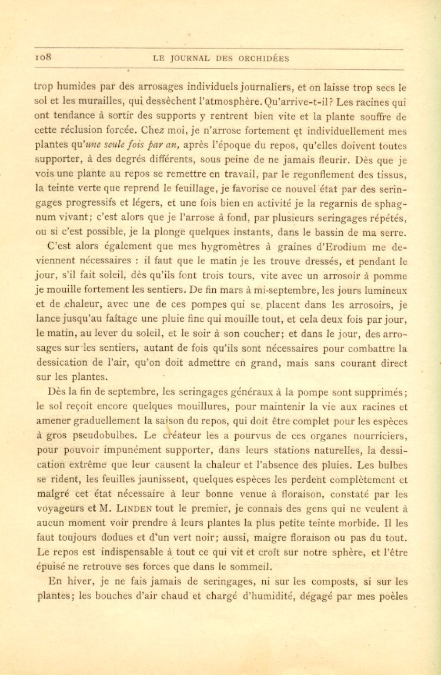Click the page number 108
[45, 58]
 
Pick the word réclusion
[83, 131]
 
